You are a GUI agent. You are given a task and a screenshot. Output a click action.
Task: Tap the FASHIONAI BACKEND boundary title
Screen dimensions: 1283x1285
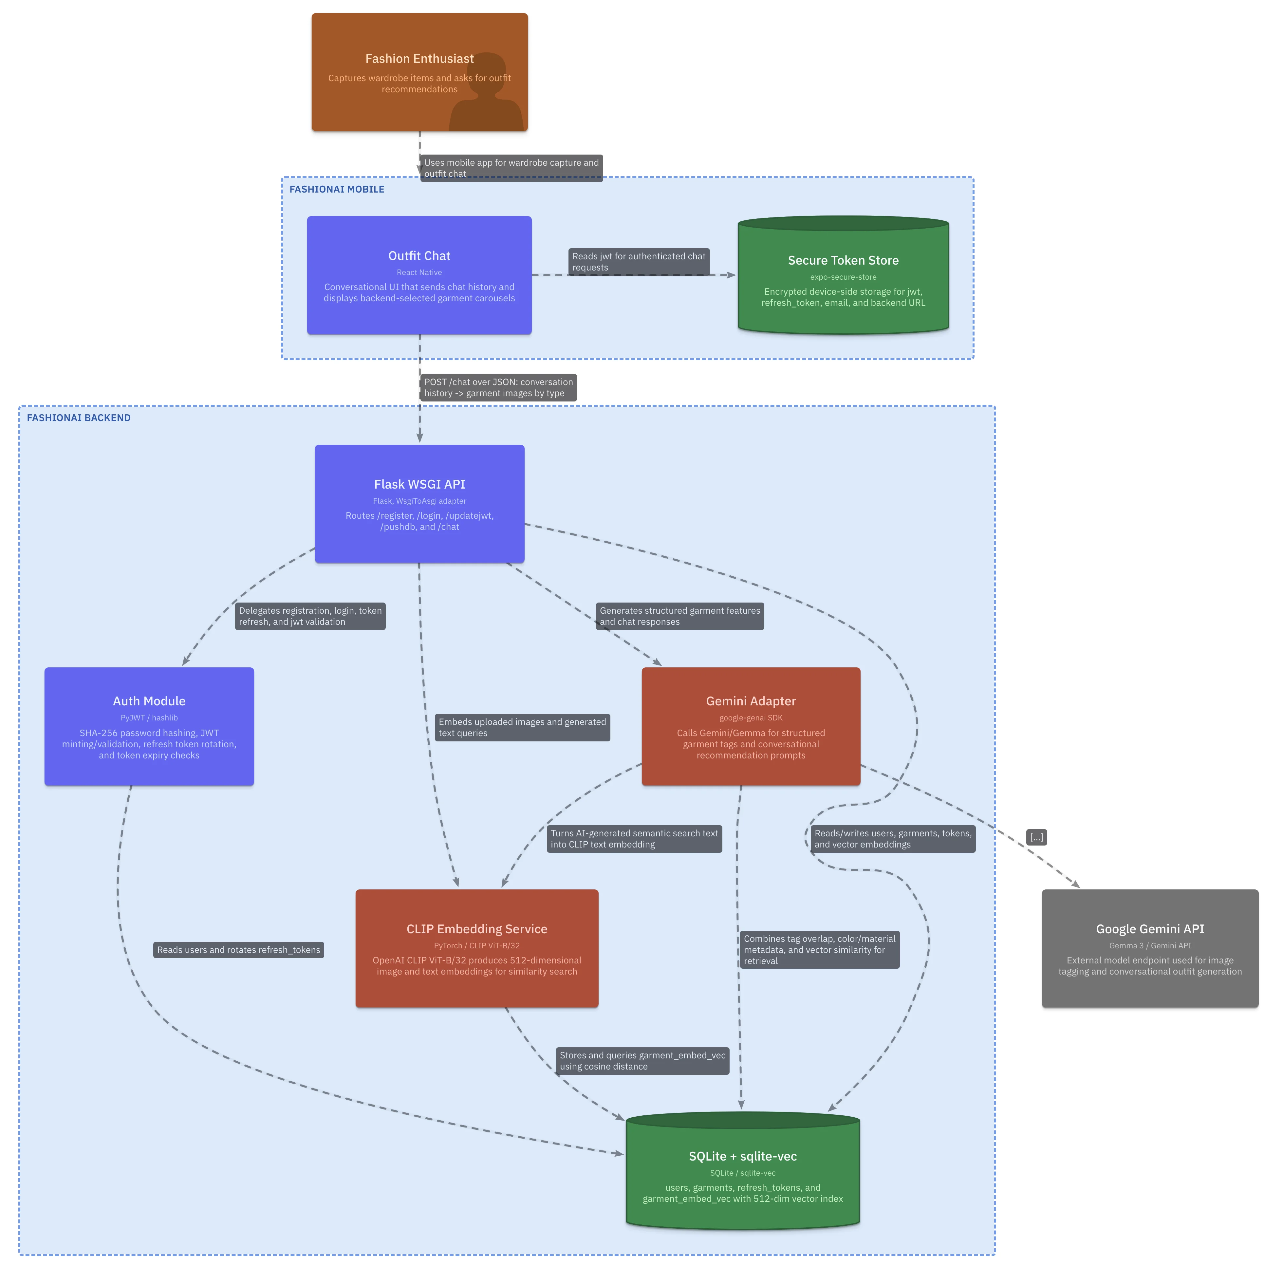click(79, 418)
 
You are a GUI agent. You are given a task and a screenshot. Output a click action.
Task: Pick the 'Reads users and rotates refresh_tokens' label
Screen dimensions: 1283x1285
click(239, 950)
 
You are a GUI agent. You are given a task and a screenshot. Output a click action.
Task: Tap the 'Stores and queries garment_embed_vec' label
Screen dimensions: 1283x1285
click(642, 1061)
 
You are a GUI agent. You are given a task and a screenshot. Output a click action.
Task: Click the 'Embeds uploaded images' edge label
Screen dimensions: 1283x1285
click(522, 728)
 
